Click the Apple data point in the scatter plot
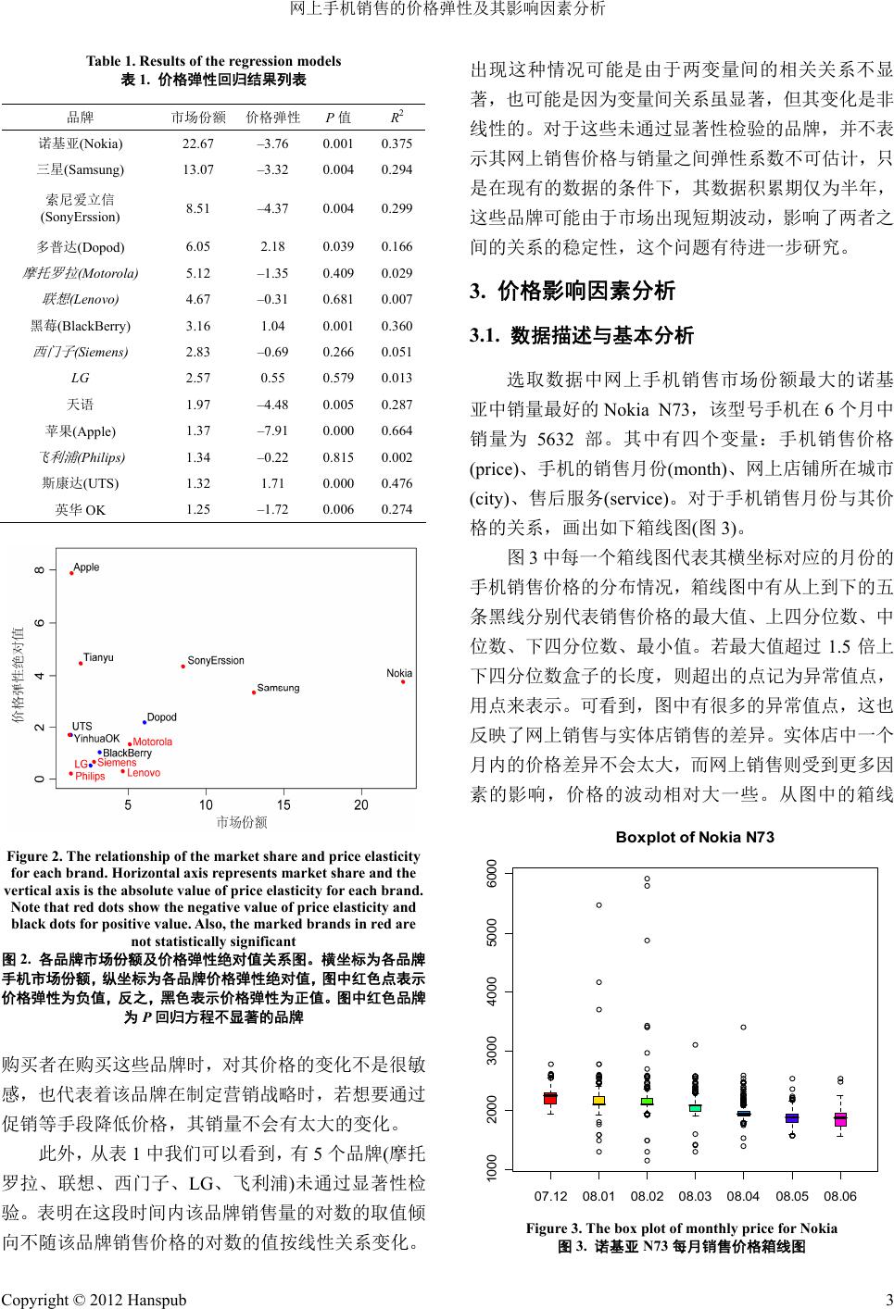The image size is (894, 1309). tap(71, 573)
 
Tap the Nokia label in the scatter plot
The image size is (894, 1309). tap(399, 673)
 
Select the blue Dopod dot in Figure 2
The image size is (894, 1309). tap(145, 722)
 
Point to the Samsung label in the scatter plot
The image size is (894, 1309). tap(278, 688)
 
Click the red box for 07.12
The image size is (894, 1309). tap(550, 1098)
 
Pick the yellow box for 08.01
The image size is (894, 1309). tap(599, 1100)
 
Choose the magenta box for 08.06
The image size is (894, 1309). tap(840, 1119)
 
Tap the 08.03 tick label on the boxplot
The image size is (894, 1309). tap(695, 1196)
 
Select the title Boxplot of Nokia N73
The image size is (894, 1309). tap(695, 838)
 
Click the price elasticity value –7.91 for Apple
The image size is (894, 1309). tap(273, 430)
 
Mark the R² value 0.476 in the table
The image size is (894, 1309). tap(397, 483)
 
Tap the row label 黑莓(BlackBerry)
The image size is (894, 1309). tap(81, 326)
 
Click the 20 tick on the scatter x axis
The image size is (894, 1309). tap(361, 804)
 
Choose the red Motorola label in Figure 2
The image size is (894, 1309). tap(153, 742)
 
